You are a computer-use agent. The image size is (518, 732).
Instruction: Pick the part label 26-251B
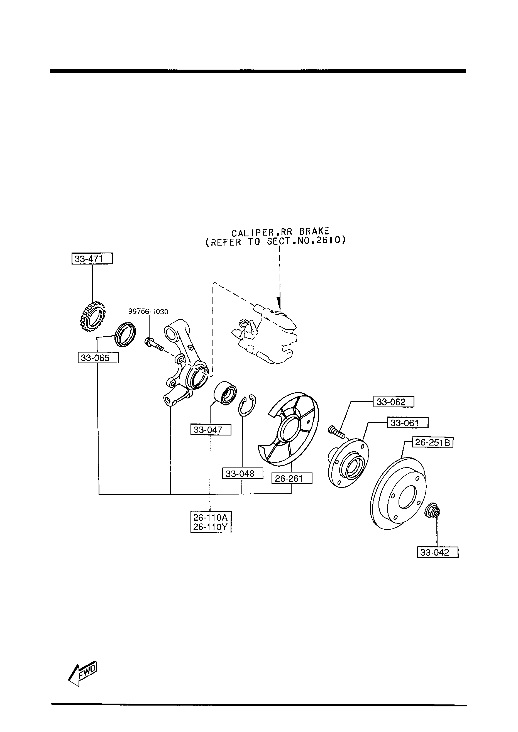click(x=433, y=442)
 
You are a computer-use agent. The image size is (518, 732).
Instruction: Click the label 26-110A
click(x=211, y=517)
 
